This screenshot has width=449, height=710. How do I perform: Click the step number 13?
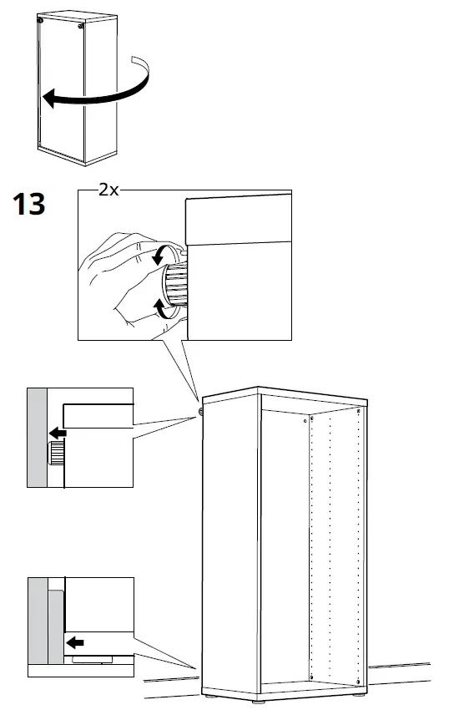[x=28, y=203]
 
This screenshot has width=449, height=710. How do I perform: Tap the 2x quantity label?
[x=108, y=190]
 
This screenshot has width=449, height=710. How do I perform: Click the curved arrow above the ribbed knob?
[x=161, y=255]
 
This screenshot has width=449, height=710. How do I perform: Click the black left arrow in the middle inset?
[x=58, y=433]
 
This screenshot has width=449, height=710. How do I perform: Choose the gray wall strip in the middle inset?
[x=37, y=439]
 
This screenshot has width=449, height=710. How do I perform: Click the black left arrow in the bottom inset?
[x=75, y=642]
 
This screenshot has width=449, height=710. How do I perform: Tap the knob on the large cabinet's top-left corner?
[x=202, y=410]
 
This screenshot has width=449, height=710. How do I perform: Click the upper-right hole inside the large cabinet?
[x=359, y=413]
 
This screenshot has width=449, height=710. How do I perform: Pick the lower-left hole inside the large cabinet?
[x=310, y=674]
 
